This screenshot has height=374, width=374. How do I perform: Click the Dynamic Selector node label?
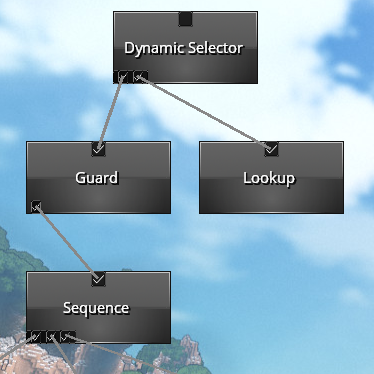(183, 48)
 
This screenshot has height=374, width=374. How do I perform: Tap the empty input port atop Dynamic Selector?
(185, 19)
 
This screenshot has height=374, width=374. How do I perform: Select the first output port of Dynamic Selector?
(121, 77)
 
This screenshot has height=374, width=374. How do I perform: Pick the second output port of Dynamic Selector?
(140, 77)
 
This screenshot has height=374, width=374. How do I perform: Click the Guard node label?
(97, 178)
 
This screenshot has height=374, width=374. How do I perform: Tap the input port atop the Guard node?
(98, 149)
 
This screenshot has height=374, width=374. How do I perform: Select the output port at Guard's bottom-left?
(36, 207)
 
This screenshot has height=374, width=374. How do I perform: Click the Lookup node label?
(269, 178)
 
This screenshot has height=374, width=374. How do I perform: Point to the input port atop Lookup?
(271, 149)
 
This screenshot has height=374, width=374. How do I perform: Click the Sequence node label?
(96, 308)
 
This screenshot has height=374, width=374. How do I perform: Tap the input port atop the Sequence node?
(98, 279)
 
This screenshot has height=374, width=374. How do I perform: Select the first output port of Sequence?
(35, 337)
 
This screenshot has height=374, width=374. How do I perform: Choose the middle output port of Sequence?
(52, 337)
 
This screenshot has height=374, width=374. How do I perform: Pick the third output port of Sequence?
(68, 337)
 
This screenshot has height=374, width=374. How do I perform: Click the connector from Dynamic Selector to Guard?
(111, 112)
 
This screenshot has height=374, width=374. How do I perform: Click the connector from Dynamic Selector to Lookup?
(206, 112)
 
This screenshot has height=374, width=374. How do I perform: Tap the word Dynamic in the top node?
(154, 49)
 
